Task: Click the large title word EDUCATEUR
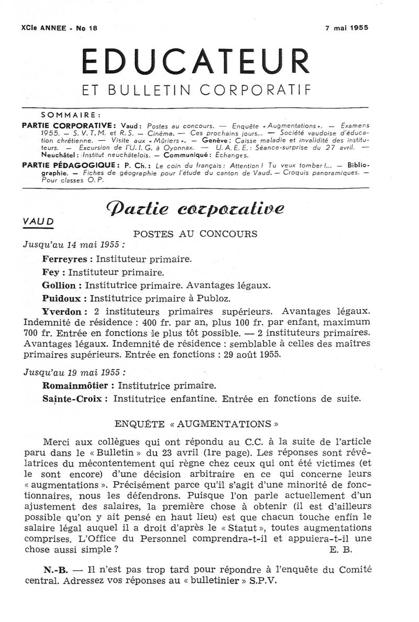point(195,62)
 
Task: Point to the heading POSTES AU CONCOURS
point(195,233)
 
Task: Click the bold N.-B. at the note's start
point(54,569)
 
